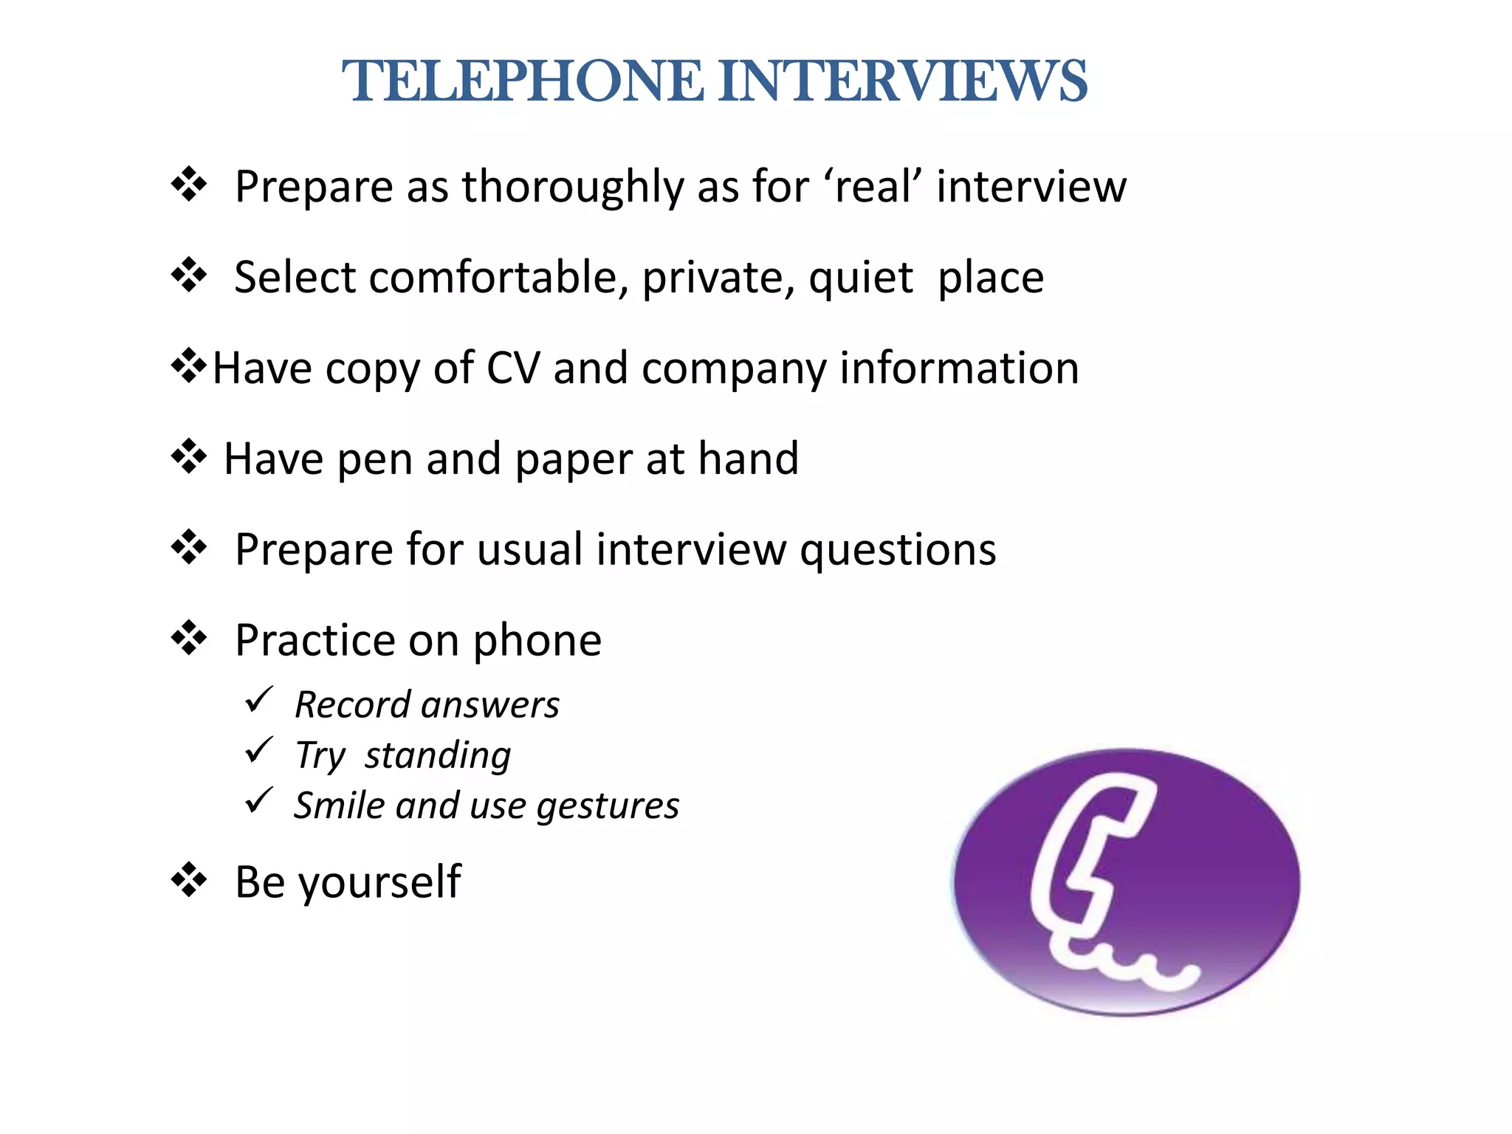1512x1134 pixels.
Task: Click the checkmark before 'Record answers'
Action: pos(259,699)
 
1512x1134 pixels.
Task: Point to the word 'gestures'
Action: pos(608,806)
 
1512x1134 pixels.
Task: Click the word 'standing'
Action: pos(438,756)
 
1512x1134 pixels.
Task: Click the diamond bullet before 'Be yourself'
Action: pos(189,879)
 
